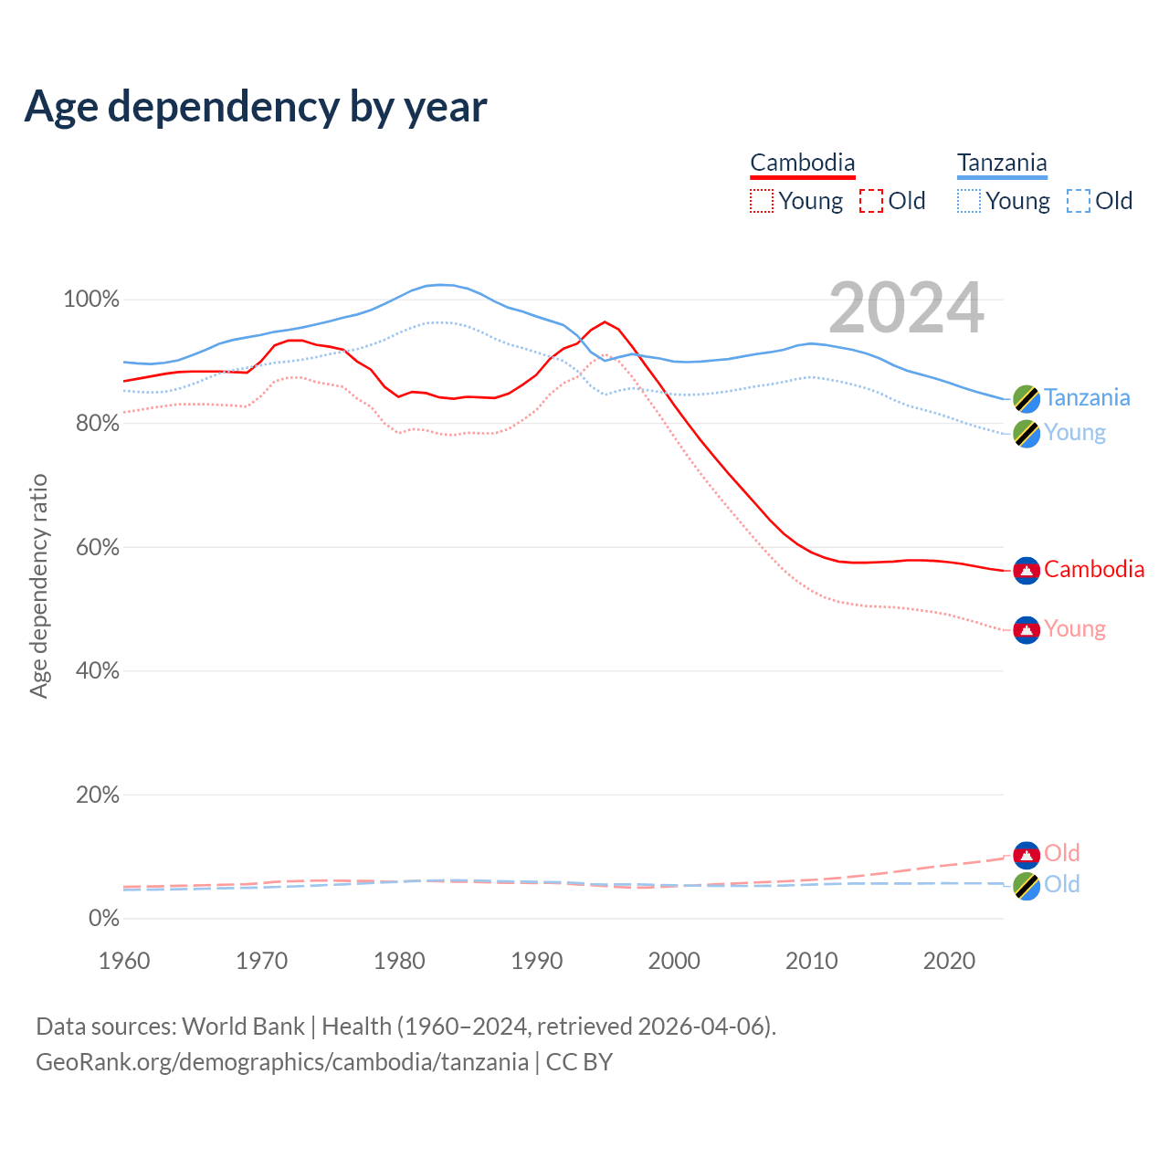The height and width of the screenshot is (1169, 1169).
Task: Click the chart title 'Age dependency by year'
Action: [256, 107]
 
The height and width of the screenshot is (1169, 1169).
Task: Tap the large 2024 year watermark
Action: [906, 308]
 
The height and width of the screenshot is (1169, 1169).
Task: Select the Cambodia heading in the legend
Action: [803, 163]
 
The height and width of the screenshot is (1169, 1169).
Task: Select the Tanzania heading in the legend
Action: [1002, 163]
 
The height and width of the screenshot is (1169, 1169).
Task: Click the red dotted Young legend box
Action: [762, 201]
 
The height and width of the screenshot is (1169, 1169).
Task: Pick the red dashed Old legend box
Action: [871, 201]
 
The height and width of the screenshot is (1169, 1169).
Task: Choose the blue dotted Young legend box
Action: [969, 201]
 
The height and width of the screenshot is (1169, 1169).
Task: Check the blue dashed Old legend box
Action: [1079, 201]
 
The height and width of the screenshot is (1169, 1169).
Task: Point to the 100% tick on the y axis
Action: [91, 300]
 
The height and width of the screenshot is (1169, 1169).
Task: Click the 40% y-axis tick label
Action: [97, 671]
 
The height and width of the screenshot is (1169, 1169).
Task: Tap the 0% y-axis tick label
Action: [104, 919]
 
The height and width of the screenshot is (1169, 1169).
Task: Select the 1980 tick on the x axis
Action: [399, 961]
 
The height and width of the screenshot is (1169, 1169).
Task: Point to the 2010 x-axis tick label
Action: [812, 961]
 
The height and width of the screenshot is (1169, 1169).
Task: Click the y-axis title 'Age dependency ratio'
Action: [38, 585]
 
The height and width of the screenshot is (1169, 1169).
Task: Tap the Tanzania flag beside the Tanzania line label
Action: [1027, 399]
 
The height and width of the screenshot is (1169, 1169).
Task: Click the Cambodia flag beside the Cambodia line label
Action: [1027, 571]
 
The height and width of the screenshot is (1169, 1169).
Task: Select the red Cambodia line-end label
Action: [1094, 570]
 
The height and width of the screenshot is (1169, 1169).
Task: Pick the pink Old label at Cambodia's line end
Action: [1062, 853]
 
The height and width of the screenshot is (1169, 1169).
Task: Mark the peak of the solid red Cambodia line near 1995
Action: [605, 321]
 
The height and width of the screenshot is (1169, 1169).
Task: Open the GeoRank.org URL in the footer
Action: [282, 1062]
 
